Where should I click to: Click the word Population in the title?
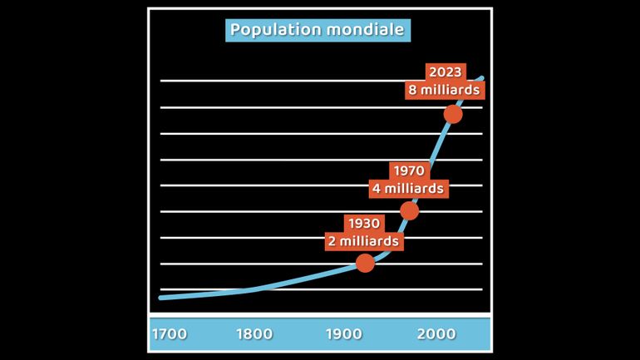pos(275,30)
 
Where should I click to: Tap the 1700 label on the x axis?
pos(169,334)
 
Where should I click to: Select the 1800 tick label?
pos(254,334)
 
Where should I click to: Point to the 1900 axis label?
pos(343,334)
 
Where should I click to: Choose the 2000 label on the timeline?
pos(436,334)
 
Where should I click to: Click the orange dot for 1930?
pos(365,263)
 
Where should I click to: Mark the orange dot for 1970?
pos(409,210)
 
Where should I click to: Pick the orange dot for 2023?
pos(453,114)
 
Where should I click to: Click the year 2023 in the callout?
pos(446,72)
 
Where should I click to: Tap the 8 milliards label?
pos(444,90)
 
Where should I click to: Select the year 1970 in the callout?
pos(408,171)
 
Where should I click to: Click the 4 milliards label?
pos(408,189)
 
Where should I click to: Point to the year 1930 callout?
pos(364,224)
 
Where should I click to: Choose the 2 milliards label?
pos(364,241)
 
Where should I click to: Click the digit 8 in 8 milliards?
pos(413,90)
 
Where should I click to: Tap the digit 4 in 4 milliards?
pos(377,189)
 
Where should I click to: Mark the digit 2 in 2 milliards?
pos(333,241)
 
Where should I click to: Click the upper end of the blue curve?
pos(481,78)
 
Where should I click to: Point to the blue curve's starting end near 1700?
pos(161,297)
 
